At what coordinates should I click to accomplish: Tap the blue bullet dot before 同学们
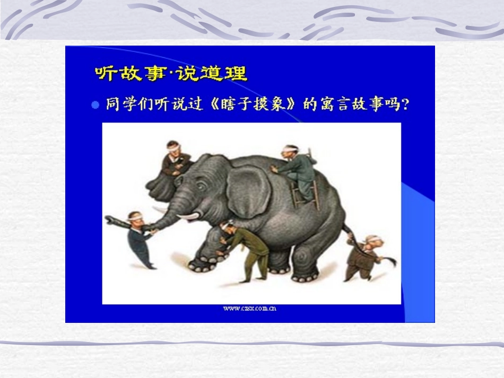click(x=95, y=105)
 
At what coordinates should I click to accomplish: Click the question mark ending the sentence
click(x=404, y=104)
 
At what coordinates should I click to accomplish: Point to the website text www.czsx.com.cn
click(x=250, y=308)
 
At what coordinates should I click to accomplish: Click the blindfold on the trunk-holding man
click(x=136, y=216)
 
